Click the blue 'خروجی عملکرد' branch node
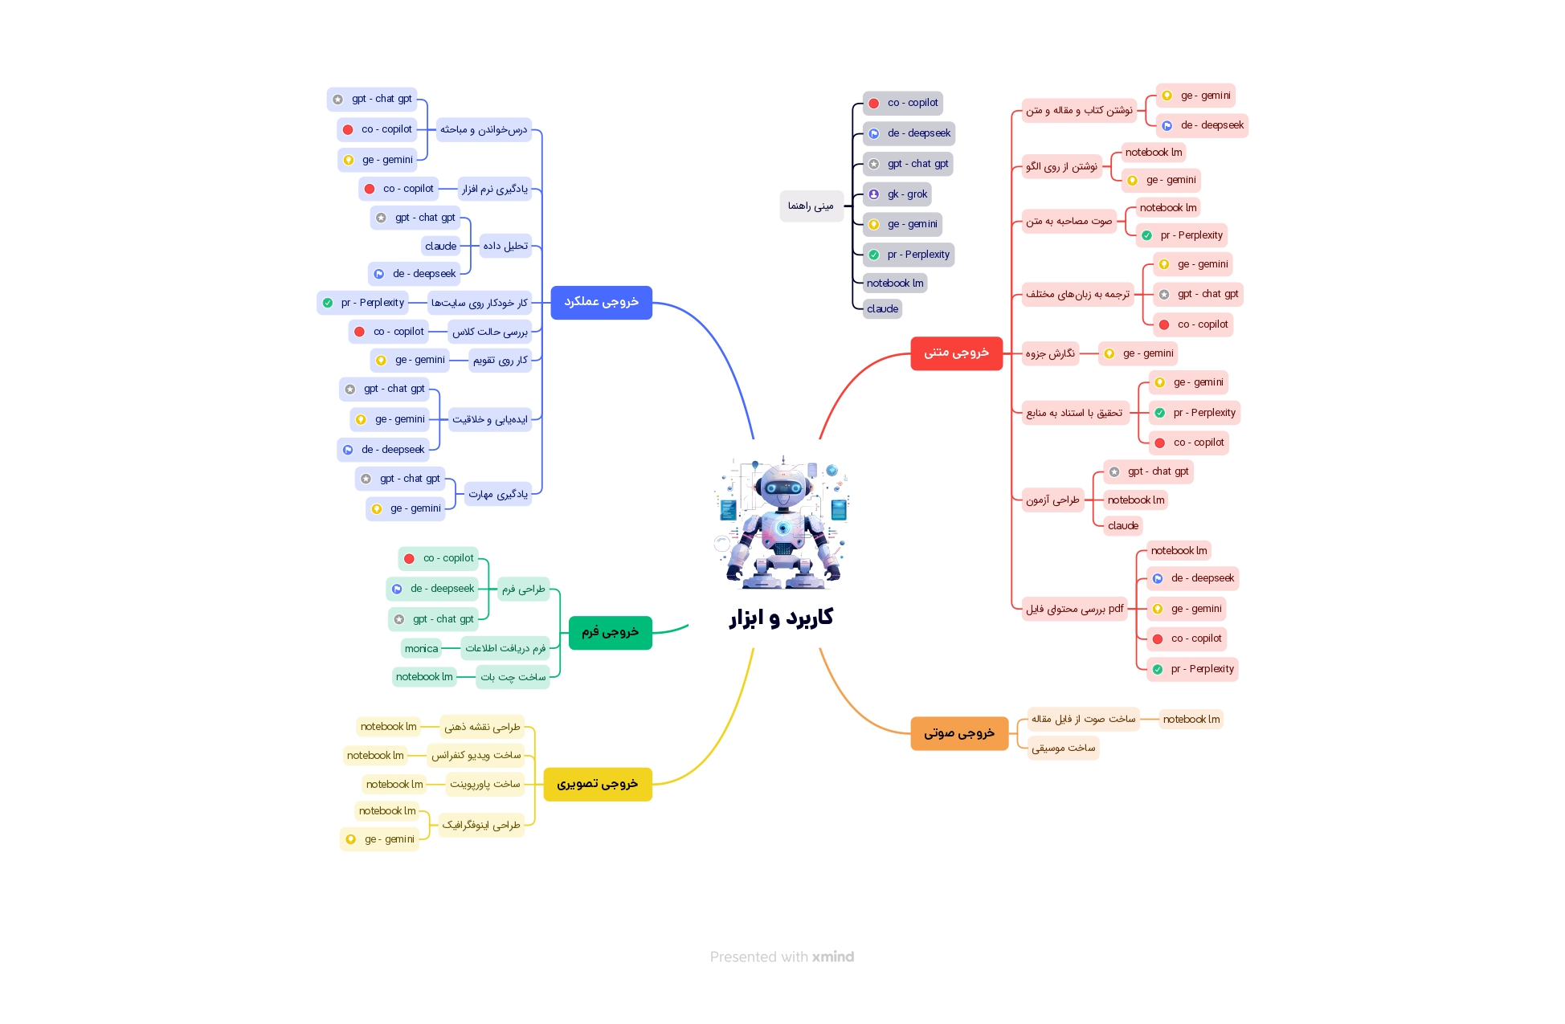(x=601, y=302)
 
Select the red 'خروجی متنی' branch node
(x=956, y=353)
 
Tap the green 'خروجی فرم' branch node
(x=610, y=632)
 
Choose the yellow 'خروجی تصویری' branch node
(x=597, y=784)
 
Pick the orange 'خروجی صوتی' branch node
(x=958, y=733)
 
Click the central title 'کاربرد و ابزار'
(x=781, y=618)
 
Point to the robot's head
(x=782, y=484)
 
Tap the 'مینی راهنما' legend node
(x=811, y=206)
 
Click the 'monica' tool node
(x=421, y=649)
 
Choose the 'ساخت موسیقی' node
(x=1063, y=749)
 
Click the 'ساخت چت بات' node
(x=513, y=678)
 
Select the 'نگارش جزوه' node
(x=1050, y=354)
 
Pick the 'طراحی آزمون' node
(x=1052, y=500)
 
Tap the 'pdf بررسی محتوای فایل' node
(x=1074, y=609)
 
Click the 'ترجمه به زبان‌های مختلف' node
(x=1077, y=295)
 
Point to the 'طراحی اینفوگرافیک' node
(x=481, y=826)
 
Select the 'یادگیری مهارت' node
(x=498, y=495)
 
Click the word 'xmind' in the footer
(x=832, y=957)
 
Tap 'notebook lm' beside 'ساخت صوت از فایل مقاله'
(x=1191, y=720)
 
